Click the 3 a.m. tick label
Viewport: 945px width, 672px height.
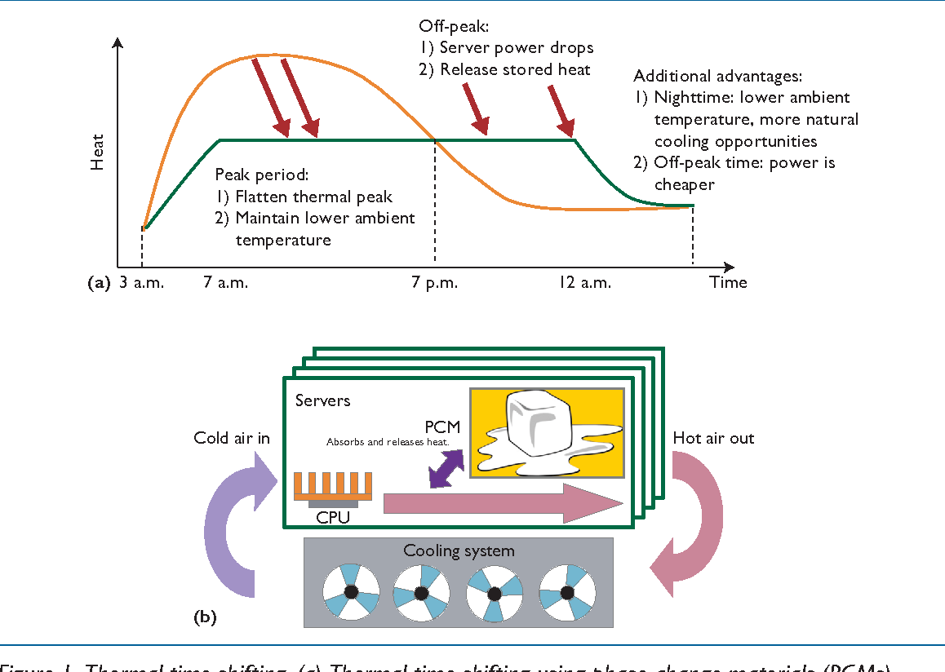(141, 283)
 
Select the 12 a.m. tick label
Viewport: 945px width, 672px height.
(584, 283)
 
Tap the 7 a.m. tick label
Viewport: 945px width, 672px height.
(225, 283)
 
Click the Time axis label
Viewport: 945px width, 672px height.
(728, 282)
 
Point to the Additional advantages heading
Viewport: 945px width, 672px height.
(718, 76)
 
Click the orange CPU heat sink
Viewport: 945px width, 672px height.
(333, 486)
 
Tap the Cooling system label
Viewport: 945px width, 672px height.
(459, 551)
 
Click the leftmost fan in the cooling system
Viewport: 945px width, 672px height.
(352, 591)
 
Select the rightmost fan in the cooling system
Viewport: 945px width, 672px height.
(567, 591)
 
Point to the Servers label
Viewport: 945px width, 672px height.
(322, 400)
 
